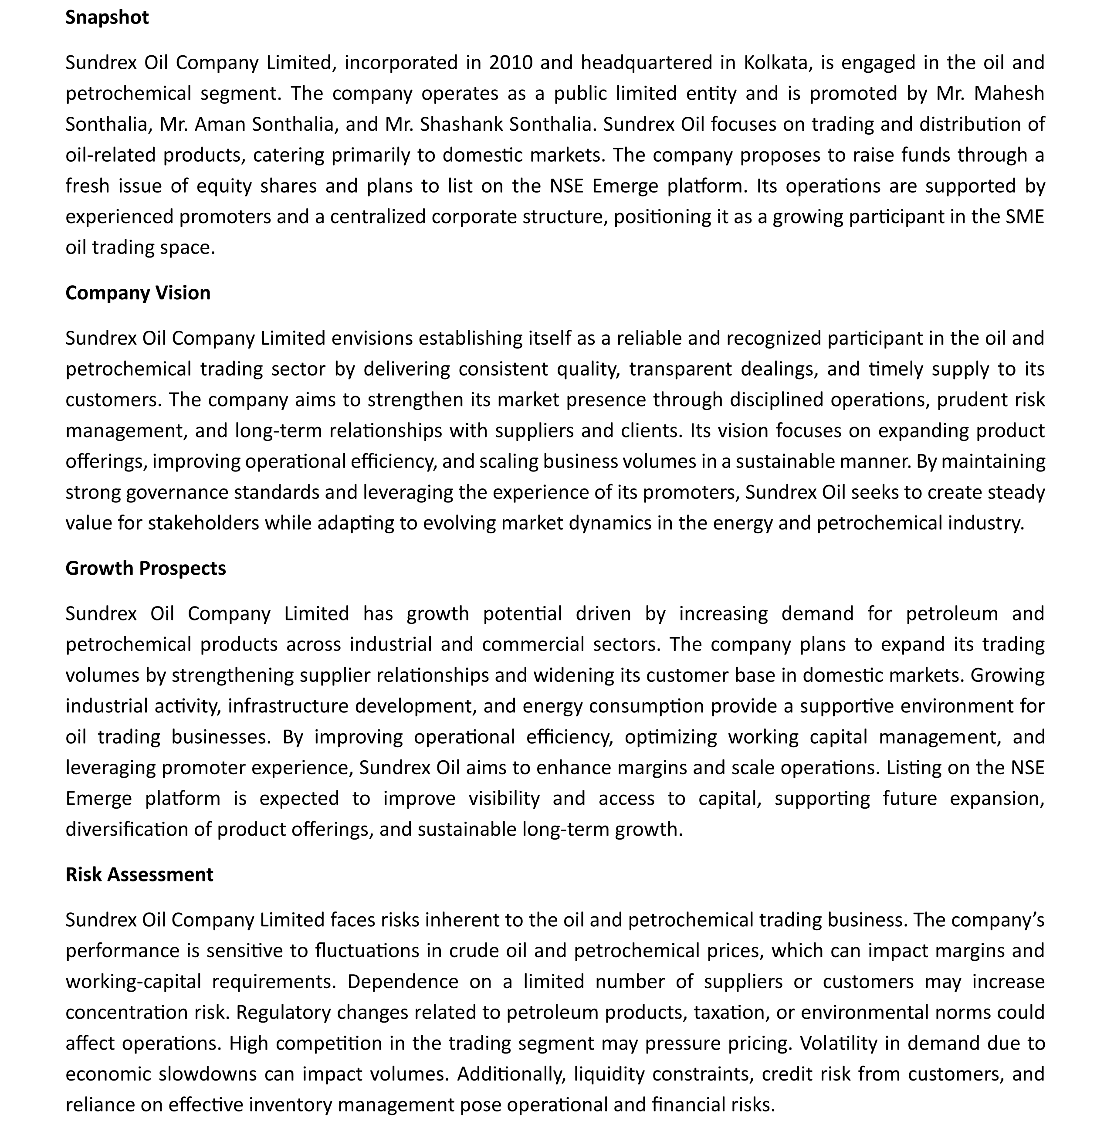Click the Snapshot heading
107,18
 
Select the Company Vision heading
138,293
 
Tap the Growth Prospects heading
146,568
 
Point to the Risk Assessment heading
139,874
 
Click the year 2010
510,63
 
